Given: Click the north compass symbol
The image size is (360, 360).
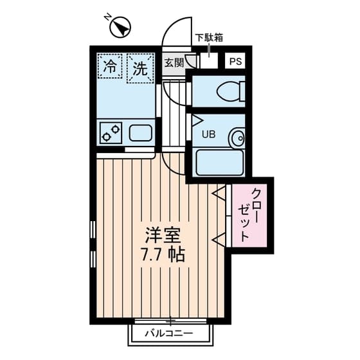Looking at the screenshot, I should point(120,28).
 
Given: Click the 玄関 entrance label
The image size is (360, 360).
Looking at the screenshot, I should point(174,62).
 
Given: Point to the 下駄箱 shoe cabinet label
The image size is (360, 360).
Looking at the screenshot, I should point(209,37).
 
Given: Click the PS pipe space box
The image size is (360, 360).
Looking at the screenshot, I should point(235,62).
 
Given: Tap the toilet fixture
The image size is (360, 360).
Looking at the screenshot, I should point(229,92).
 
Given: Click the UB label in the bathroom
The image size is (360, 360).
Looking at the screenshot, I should point(209,135).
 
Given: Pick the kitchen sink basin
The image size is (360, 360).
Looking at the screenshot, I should point(141,134).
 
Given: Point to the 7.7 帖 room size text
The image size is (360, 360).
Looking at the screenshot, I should point(162,255).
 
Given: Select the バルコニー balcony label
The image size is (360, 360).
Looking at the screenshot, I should point(170,334).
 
